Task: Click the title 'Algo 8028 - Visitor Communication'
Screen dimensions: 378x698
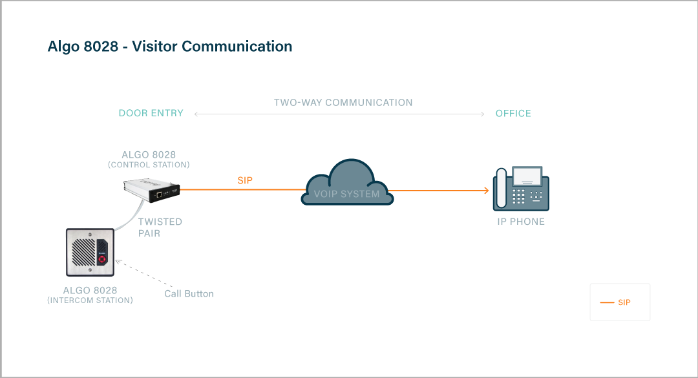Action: (170, 47)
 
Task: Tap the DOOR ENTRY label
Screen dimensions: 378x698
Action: (151, 113)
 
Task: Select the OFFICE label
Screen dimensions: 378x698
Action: (513, 113)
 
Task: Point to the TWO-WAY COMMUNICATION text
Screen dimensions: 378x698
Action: (343, 103)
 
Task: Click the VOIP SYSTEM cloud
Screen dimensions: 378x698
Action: (347, 184)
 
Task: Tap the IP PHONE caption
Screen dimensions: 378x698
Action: (521, 222)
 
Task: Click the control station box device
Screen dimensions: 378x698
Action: (152, 189)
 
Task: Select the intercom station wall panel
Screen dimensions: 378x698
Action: (90, 252)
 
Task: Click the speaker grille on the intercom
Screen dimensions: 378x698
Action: (82, 253)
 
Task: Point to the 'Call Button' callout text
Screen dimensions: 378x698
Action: (189, 293)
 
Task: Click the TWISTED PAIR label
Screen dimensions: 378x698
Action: (160, 227)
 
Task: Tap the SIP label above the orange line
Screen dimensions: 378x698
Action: (245, 181)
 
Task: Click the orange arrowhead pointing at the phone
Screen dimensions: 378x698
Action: (485, 191)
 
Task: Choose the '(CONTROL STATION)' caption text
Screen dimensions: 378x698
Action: (149, 165)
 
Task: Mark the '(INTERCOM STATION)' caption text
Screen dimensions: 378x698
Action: (90, 300)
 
